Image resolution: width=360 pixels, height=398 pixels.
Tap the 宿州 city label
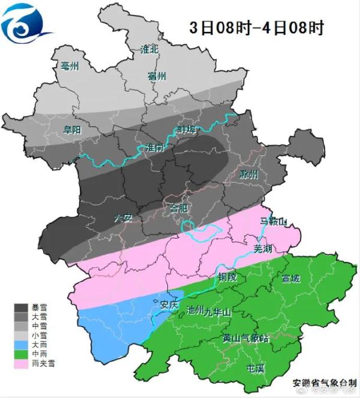[156, 76]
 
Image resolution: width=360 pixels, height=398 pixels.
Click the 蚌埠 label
[188, 129]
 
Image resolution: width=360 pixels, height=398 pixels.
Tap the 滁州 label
[248, 174]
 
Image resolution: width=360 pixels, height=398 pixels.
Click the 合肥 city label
[179, 209]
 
